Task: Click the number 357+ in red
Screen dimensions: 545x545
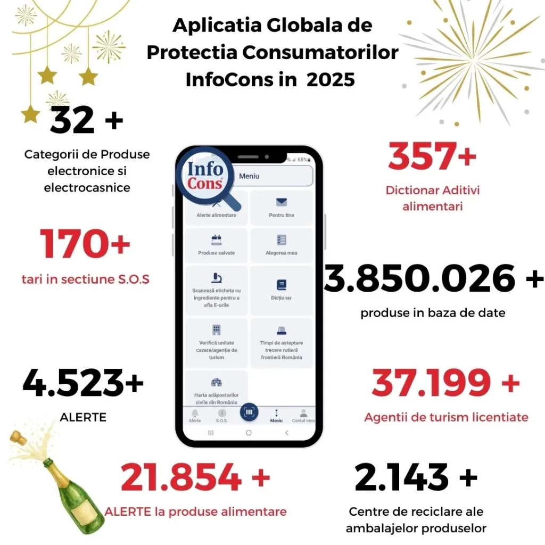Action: pyautogui.click(x=432, y=157)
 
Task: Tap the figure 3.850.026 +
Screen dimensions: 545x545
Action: pyautogui.click(x=434, y=278)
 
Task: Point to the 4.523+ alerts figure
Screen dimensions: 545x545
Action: pyautogui.click(x=83, y=383)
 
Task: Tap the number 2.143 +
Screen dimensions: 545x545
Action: pyautogui.click(x=416, y=477)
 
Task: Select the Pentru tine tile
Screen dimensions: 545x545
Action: pyautogui.click(x=281, y=208)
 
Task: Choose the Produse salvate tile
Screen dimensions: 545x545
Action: pyautogui.click(x=216, y=245)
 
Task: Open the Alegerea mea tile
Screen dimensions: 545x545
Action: pyautogui.click(x=281, y=245)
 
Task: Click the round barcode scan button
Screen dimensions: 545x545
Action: pyautogui.click(x=249, y=411)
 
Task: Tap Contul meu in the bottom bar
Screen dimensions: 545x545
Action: pyautogui.click(x=303, y=415)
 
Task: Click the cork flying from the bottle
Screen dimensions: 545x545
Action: pyautogui.click(x=18, y=439)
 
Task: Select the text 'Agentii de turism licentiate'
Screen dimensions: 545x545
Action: pyautogui.click(x=446, y=417)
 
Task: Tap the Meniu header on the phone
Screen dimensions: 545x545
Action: pyautogui.click(x=249, y=176)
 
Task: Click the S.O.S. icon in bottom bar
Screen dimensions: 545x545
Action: pyautogui.click(x=222, y=415)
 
